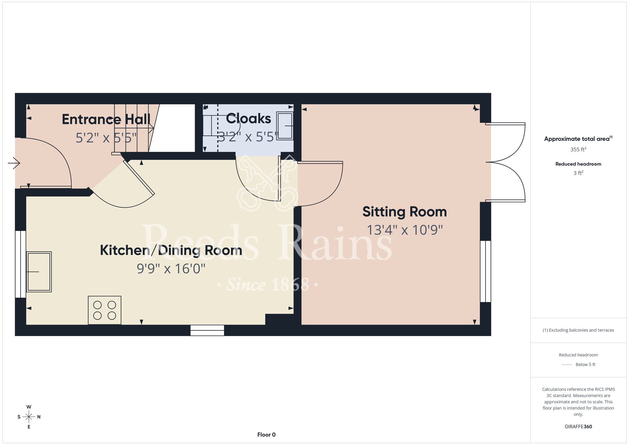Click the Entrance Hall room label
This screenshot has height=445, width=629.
point(106,120)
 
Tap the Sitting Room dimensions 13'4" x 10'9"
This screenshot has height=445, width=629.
point(405,230)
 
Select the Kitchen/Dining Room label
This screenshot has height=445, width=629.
point(171,251)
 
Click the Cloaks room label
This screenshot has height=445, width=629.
point(248,119)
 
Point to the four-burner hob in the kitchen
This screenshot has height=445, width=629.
point(104,310)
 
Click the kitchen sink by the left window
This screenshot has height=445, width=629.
point(39,272)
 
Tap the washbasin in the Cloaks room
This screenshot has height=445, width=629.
point(285,126)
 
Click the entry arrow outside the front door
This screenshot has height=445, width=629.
point(14,163)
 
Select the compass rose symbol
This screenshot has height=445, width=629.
point(29,417)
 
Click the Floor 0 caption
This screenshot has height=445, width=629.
point(266,435)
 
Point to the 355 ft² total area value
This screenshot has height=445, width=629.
point(578,149)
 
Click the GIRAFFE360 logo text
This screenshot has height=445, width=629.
point(578,427)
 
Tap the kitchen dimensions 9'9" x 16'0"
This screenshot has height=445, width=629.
point(171,269)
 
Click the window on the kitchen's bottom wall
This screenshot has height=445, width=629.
point(207,330)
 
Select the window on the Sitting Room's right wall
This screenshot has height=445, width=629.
point(486,271)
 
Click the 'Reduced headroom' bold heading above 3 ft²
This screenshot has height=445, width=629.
point(578,164)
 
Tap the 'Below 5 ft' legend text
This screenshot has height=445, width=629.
point(585,364)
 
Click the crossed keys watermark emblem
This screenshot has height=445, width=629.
point(267,183)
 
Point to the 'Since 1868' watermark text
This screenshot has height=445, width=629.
point(268,284)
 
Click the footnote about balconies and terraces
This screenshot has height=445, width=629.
point(578,330)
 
